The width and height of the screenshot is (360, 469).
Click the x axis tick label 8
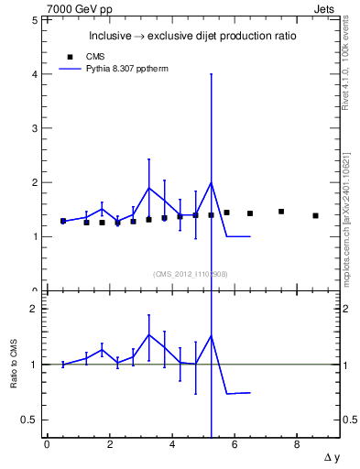click(x=297, y=445)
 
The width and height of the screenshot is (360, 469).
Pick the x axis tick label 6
click(x=235, y=445)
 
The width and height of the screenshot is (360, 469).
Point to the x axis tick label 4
click(x=172, y=445)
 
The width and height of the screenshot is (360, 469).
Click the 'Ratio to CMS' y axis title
click(x=14, y=364)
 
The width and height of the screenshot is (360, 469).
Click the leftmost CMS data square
click(x=63, y=221)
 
